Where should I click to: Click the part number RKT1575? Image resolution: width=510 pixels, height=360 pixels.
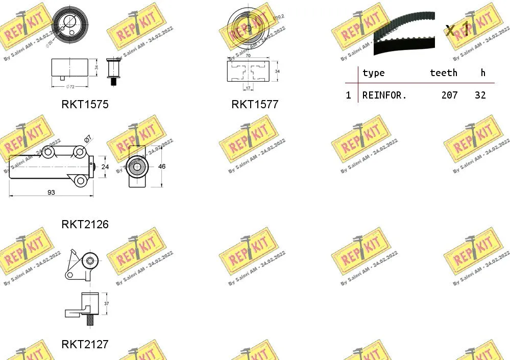point(85,104)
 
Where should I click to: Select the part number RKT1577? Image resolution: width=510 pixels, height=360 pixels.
point(255,104)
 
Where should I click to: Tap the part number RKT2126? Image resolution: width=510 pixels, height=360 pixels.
point(85,224)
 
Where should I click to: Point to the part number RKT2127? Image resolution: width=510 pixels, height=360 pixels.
point(85,344)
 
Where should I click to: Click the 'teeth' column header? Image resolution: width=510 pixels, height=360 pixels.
point(443,73)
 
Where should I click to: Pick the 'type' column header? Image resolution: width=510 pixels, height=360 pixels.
point(373,73)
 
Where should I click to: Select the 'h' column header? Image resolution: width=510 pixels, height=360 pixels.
point(483,73)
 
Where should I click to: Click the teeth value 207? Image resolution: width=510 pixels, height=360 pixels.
point(449,95)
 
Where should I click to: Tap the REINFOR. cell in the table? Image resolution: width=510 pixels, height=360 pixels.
point(384,95)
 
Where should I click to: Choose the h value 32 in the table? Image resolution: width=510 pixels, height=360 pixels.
point(479,95)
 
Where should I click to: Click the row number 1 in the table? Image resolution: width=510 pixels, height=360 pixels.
point(348,95)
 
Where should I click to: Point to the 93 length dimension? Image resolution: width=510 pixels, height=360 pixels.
point(51,192)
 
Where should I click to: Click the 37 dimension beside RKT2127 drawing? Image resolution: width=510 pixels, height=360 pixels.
point(107,303)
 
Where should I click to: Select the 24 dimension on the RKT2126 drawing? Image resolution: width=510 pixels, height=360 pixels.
point(105,166)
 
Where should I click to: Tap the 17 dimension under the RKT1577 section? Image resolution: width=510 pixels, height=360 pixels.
point(248,87)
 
